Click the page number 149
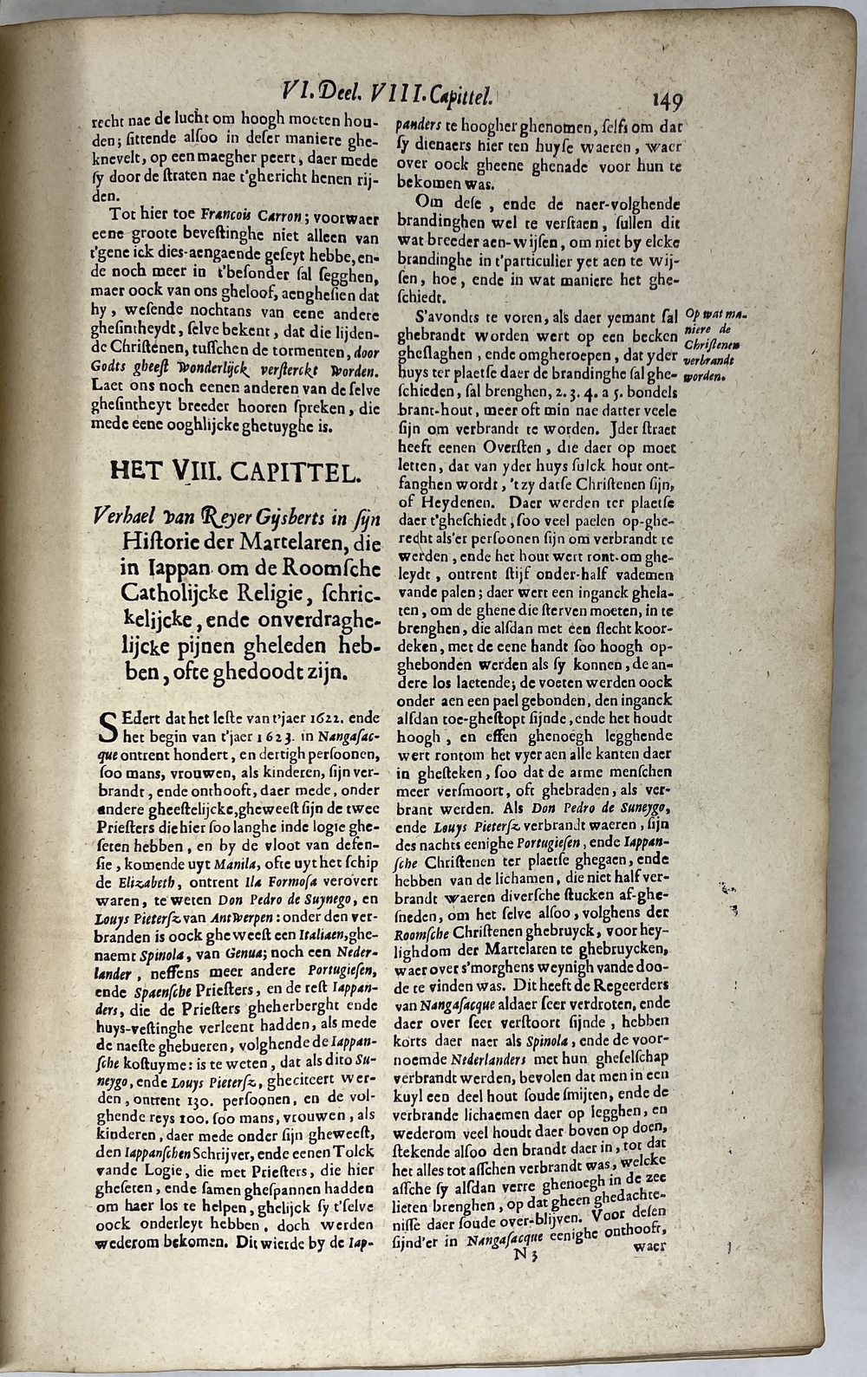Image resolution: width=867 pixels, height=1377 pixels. [664, 100]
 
